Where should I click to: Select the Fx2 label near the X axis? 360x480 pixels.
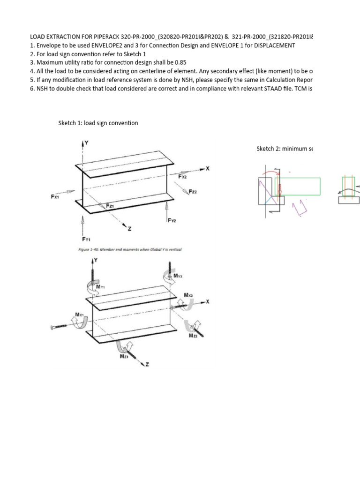[183, 177]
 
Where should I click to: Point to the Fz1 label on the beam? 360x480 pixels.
[110, 206]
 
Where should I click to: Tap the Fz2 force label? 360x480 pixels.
[193, 192]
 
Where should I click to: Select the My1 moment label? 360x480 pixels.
[101, 286]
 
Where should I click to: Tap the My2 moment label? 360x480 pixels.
[178, 277]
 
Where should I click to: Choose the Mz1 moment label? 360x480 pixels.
[124, 357]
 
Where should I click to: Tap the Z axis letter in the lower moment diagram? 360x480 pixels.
[148, 365]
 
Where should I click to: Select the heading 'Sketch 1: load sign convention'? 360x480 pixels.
[97, 123]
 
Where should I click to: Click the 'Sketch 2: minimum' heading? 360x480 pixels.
[283, 149]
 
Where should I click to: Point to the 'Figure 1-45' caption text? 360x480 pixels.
[129, 249]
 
